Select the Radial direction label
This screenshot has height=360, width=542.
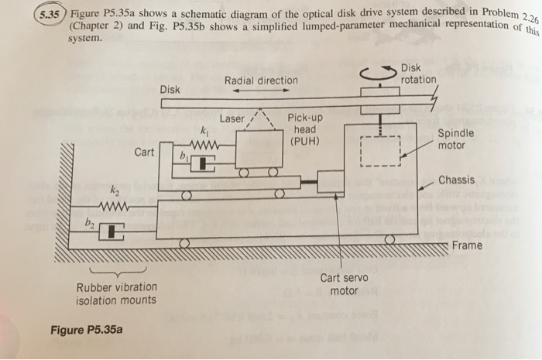pyautogui.click(x=260, y=81)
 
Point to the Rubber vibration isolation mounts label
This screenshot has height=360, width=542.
pyautogui.click(x=116, y=293)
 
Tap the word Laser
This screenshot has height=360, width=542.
pyautogui.click(x=232, y=118)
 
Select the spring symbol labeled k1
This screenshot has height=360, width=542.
pyautogui.click(x=204, y=145)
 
